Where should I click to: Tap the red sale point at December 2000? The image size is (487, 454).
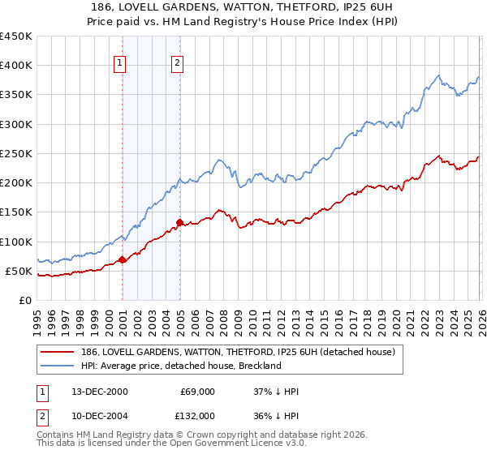(x=123, y=259)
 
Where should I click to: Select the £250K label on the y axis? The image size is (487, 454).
(x=16, y=153)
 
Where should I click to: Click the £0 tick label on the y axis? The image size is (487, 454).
(x=26, y=300)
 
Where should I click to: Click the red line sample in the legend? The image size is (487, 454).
(x=58, y=352)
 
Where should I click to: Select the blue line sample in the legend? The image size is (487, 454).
(x=58, y=366)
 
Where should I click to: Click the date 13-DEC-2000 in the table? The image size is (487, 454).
(x=98, y=392)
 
